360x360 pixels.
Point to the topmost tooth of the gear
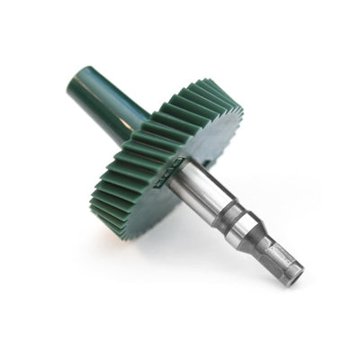[x=205, y=83]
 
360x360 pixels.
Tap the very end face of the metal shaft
[x=296, y=276]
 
